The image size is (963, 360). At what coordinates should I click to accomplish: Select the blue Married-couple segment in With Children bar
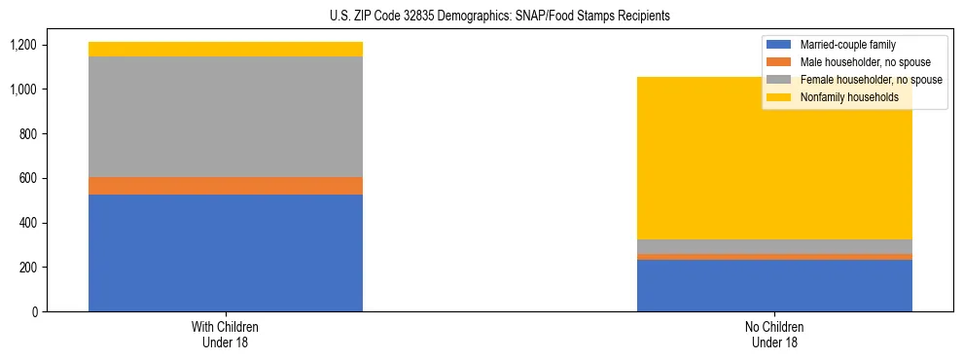[x=226, y=253]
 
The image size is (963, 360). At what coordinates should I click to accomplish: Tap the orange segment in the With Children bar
[x=226, y=186]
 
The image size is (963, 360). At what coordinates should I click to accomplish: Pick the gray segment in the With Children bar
[x=226, y=117]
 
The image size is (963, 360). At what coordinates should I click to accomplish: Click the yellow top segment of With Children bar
[x=226, y=49]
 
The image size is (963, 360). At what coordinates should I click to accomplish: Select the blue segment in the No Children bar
[x=774, y=285]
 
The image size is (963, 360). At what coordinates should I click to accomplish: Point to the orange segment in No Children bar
[x=774, y=257]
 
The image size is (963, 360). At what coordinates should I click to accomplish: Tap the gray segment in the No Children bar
[x=774, y=246]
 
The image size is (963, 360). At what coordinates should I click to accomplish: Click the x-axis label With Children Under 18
[x=226, y=335]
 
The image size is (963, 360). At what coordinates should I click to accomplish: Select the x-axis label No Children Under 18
[x=774, y=335]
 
